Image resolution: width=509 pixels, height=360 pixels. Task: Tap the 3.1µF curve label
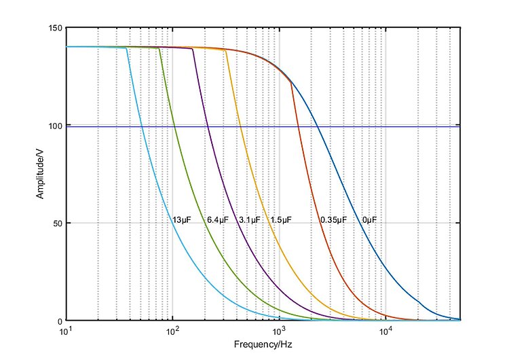[249, 220]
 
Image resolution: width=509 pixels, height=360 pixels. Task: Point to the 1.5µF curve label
[280, 220]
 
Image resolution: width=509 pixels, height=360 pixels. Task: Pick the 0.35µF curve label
[333, 220]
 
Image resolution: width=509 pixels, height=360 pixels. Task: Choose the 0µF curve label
[369, 220]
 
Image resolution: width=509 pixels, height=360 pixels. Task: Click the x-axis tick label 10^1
[66, 331]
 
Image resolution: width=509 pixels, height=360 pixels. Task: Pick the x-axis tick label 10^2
[172, 331]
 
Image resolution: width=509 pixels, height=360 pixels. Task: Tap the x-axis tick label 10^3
[279, 331]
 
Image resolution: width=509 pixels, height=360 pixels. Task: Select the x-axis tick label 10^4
[385, 331]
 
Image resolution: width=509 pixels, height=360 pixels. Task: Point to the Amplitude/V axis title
[41, 174]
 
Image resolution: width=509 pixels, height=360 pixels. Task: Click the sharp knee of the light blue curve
[127, 48]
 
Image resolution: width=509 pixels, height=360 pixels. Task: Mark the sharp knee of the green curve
[159, 49]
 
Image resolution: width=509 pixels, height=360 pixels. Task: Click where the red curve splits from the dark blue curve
[291, 82]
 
